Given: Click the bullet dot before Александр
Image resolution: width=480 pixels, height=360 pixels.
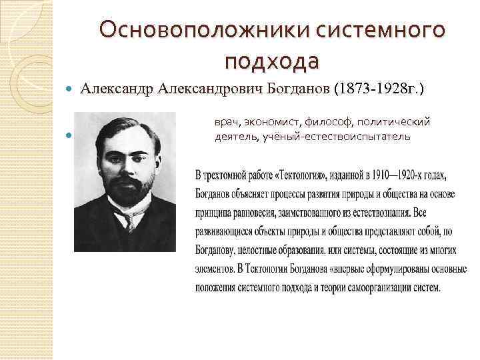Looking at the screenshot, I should (71, 89).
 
